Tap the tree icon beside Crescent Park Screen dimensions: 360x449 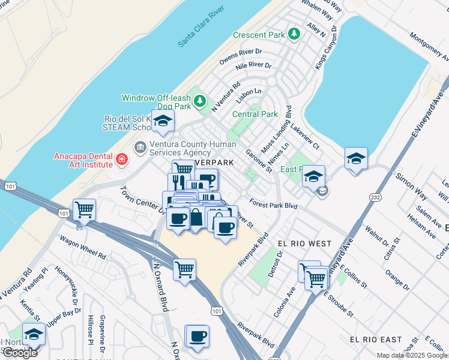(x=294, y=34)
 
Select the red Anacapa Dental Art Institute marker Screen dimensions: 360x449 (x=122, y=159)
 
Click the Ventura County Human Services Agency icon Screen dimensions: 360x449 (x=140, y=147)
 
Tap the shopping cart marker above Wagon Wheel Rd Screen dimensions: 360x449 (x=84, y=210)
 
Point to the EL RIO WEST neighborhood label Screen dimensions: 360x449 (x=304, y=244)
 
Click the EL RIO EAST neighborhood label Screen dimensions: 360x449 (x=376, y=340)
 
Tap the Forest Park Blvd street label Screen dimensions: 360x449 (x=274, y=205)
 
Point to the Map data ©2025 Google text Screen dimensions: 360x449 (x=412, y=355)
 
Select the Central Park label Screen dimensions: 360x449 (x=255, y=114)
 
